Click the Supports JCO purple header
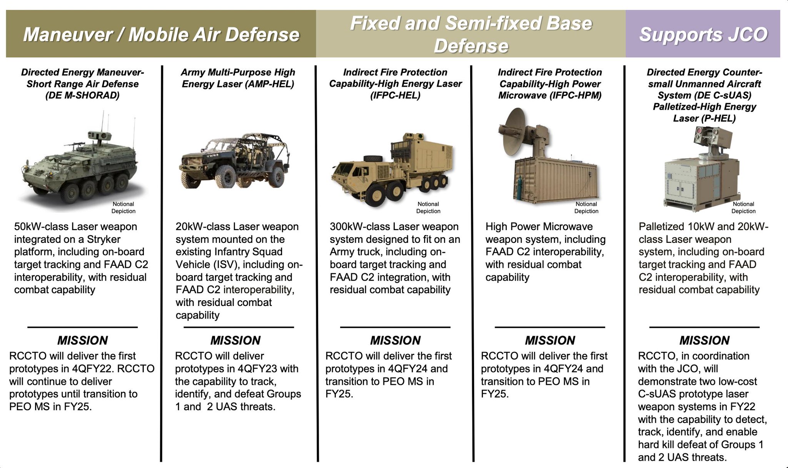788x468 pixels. tap(703, 34)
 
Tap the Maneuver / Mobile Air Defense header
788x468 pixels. tap(161, 34)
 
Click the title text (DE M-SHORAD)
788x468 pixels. tap(82, 95)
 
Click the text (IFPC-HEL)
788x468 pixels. tap(395, 95)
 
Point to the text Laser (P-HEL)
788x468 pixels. tap(704, 118)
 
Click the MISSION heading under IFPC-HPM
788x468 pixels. tap(550, 341)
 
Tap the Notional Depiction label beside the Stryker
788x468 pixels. tap(124, 207)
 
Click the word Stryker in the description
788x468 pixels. tap(103, 239)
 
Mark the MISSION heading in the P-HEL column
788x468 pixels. tap(704, 341)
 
